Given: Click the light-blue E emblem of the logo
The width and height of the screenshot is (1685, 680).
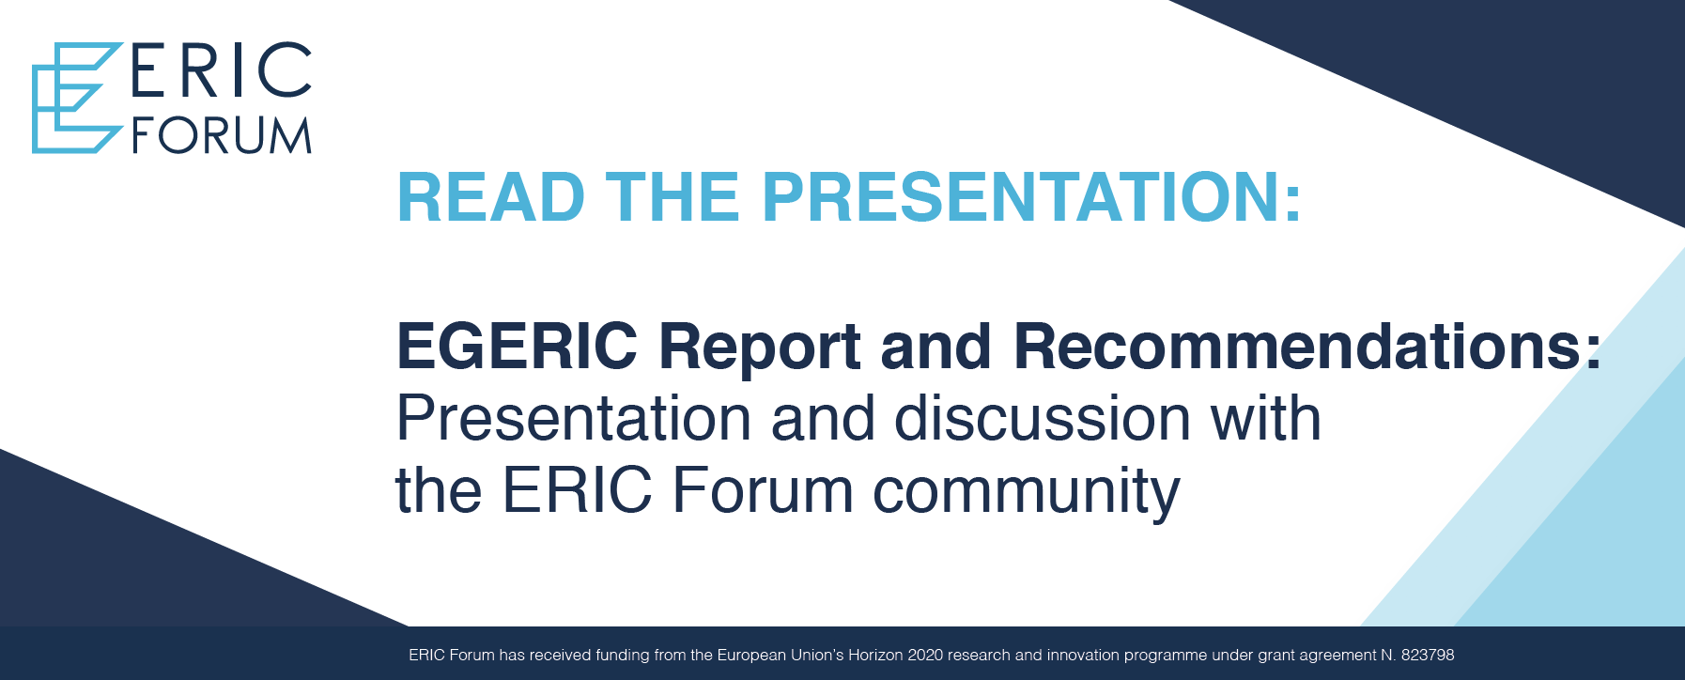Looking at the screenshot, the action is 77,98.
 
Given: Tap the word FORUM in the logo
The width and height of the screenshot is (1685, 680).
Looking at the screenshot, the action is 222,136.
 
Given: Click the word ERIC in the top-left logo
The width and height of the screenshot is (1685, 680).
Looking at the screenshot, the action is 222,70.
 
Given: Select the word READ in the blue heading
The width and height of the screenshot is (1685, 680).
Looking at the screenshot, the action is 491,197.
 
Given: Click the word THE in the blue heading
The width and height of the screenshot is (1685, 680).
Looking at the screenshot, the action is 672,197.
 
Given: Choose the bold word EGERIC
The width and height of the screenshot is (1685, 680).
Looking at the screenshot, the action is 518,346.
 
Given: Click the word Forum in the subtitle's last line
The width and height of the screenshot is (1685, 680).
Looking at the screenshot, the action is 763,490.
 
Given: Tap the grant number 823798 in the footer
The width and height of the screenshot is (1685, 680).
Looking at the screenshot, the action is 1428,655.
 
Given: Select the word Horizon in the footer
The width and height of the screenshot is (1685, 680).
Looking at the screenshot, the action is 875,655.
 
